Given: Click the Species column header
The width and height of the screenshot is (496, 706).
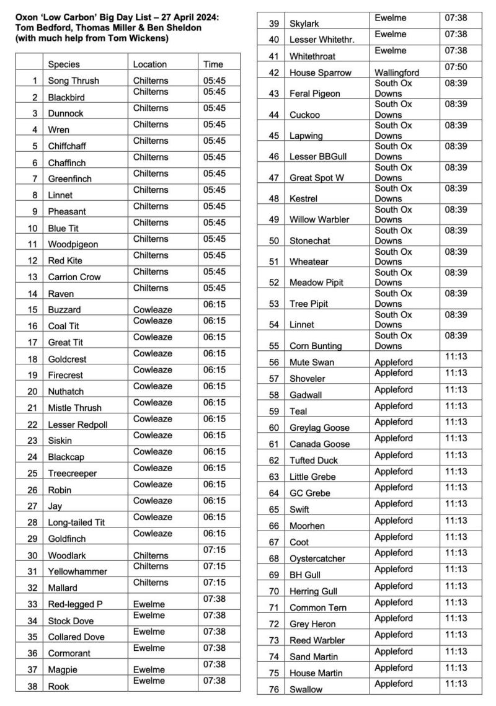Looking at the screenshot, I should tap(63, 64).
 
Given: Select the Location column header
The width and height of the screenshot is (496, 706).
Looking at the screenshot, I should tap(149, 64).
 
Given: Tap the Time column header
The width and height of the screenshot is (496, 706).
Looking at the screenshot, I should tap(213, 64).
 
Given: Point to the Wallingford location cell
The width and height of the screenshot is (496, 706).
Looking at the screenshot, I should tap(397, 73).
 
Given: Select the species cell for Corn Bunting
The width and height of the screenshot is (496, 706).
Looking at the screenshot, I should tap(316, 346).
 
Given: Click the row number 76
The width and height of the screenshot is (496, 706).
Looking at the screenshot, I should tap(273, 689).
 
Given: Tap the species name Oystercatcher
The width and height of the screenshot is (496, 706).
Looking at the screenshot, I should tap(317, 558).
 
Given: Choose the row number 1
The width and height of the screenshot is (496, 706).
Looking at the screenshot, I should tap(35, 81).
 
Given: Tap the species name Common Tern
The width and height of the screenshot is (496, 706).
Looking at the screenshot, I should tap(318, 607).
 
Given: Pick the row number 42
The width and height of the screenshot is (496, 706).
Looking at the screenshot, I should tap(273, 73).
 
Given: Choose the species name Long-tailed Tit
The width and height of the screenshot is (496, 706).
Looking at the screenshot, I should tap(76, 523).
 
